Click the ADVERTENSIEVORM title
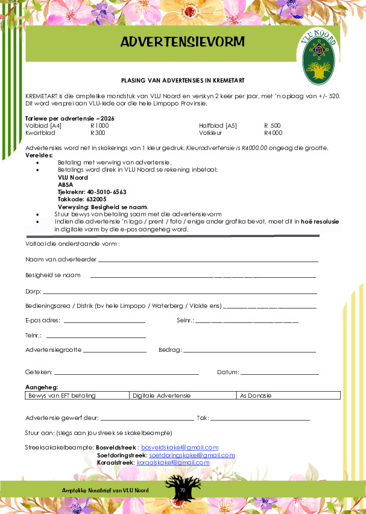click(x=182, y=42)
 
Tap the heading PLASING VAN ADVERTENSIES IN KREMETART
click(x=183, y=80)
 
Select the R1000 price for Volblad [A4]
click(x=99, y=125)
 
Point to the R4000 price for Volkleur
click(x=273, y=133)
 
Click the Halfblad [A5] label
click(x=218, y=125)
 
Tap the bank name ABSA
click(x=65, y=184)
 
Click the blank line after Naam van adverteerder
click(x=208, y=261)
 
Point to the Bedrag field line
click(x=249, y=351)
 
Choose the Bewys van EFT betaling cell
click(x=78, y=396)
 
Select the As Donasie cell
click(x=288, y=396)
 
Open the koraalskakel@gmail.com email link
click(x=173, y=462)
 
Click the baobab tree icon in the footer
click(x=182, y=488)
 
